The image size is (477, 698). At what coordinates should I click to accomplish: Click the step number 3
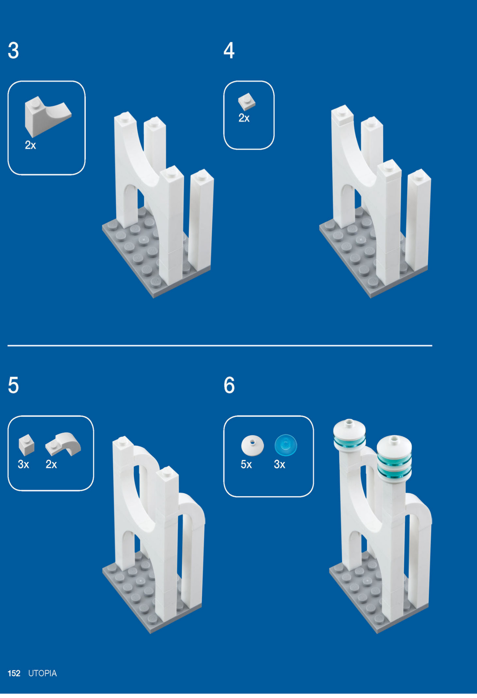click(13, 50)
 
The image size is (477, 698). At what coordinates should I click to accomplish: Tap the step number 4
click(229, 50)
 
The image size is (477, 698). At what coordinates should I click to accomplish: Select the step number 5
click(13, 385)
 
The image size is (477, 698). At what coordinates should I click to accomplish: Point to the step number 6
click(229, 385)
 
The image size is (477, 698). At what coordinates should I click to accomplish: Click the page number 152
click(14, 673)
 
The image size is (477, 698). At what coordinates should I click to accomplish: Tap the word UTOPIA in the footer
click(42, 673)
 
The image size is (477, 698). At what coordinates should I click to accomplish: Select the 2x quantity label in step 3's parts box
click(30, 145)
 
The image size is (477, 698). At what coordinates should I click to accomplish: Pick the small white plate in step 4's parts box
click(247, 101)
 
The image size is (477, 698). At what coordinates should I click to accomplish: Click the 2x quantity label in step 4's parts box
click(244, 118)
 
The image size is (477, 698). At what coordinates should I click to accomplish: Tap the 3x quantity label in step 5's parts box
click(24, 464)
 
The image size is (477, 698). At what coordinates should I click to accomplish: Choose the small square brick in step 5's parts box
click(26, 445)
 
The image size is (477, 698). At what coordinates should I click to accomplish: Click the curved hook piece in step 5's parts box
click(64, 444)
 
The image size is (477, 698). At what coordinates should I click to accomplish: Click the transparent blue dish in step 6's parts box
click(286, 445)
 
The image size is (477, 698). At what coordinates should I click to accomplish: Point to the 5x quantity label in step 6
click(246, 464)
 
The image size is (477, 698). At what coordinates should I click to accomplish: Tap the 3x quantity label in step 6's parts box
click(280, 464)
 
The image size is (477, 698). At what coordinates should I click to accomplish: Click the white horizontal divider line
click(220, 345)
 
